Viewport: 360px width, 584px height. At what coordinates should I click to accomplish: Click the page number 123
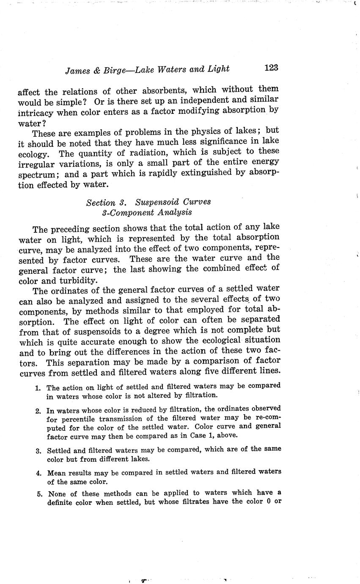271,68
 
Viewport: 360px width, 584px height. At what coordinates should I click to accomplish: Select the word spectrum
37,175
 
